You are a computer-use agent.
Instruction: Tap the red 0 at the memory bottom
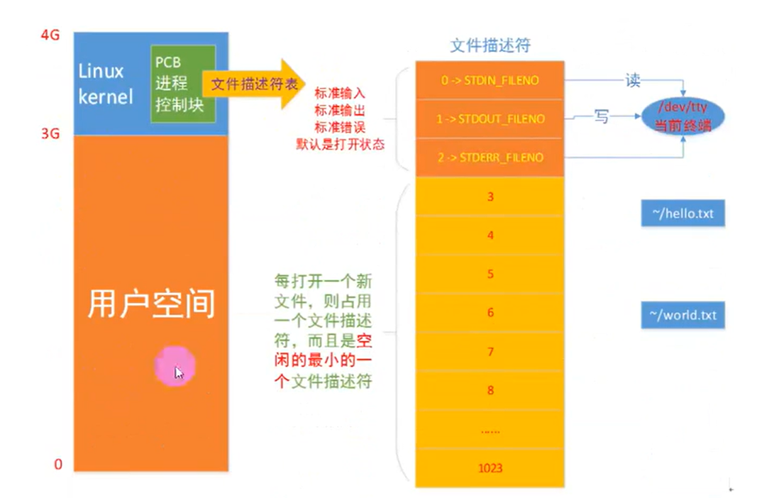pyautogui.click(x=58, y=465)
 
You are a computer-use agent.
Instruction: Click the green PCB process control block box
pyautogui.click(x=183, y=83)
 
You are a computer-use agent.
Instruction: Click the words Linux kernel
pyautogui.click(x=105, y=84)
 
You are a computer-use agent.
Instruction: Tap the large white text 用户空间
pyautogui.click(x=150, y=304)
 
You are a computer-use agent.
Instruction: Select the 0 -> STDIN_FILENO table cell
pyautogui.click(x=490, y=81)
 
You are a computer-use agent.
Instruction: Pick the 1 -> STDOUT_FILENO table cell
pyautogui.click(x=490, y=119)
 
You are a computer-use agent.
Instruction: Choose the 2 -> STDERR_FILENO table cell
pyautogui.click(x=490, y=157)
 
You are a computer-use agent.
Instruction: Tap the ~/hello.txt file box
pyautogui.click(x=683, y=213)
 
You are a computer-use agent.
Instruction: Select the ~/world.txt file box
pyautogui.click(x=683, y=315)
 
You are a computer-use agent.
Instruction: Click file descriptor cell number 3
pyautogui.click(x=490, y=197)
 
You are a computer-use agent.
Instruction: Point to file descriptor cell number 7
pyautogui.click(x=490, y=351)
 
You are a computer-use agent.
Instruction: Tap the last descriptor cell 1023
pyautogui.click(x=490, y=468)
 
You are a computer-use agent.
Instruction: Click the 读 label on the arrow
pyautogui.click(x=633, y=80)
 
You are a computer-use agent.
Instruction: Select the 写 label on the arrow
pyautogui.click(x=601, y=117)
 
